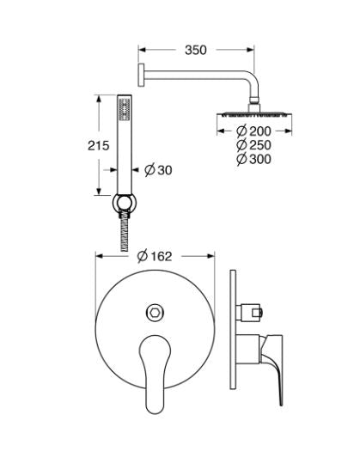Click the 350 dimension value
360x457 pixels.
tap(195, 50)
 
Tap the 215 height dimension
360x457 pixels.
tap(99, 146)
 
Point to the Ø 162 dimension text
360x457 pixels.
tap(155, 255)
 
